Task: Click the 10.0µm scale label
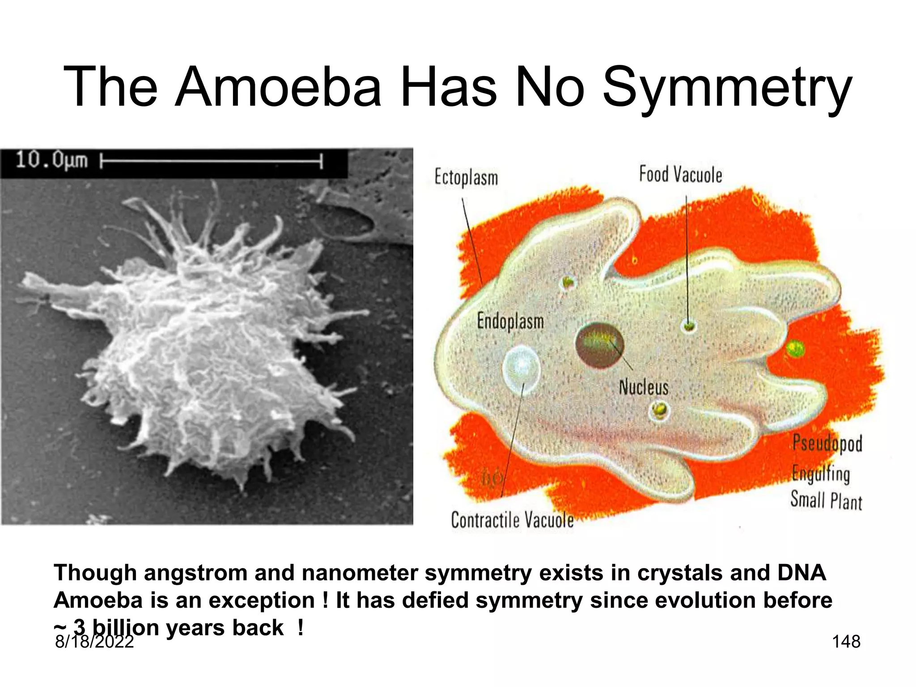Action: click(x=51, y=160)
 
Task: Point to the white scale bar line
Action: click(x=210, y=160)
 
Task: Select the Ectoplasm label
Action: click(x=466, y=178)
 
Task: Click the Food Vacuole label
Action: click(x=680, y=174)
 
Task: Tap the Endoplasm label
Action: click(x=510, y=322)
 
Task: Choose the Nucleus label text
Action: click(x=643, y=387)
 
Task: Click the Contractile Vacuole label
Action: click(x=512, y=520)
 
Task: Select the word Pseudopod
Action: click(x=827, y=444)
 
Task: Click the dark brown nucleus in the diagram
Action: click(x=599, y=345)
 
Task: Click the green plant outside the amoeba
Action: click(x=794, y=348)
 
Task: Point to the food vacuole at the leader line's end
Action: click(x=689, y=325)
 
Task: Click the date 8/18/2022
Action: click(x=94, y=642)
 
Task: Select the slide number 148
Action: click(x=846, y=642)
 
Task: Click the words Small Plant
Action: click(x=826, y=500)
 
